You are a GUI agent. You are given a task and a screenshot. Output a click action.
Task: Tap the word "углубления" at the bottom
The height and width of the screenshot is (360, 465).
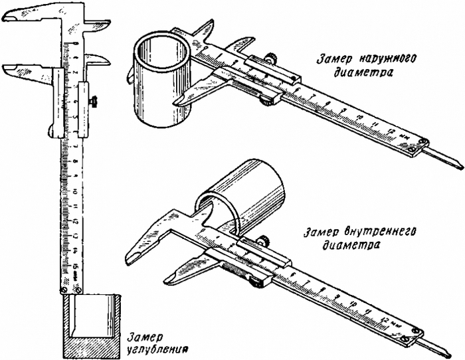pyautogui.click(x=156, y=346)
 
